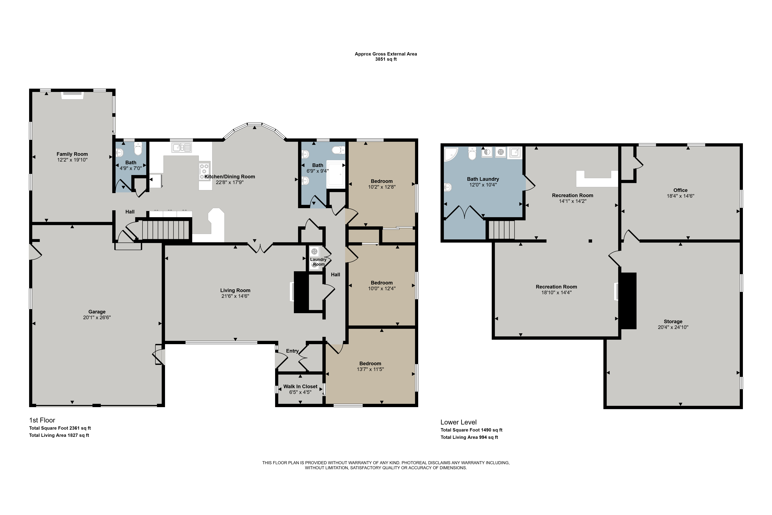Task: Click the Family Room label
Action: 72,154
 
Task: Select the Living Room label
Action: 235,290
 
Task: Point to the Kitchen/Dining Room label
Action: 230,177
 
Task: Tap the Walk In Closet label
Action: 300,387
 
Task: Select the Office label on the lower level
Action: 680,190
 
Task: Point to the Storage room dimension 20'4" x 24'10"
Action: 673,327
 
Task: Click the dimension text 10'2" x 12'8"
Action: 382,187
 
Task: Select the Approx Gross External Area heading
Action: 386,54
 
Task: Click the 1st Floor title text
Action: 42,420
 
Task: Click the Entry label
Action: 292,351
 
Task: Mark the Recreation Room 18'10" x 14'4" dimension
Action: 556,292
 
